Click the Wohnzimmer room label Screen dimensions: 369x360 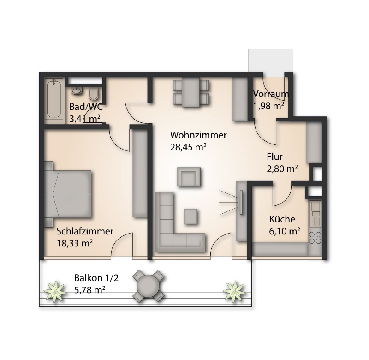coord(198,135)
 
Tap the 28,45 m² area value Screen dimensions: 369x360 coord(188,147)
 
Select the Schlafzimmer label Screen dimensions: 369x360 coord(85,231)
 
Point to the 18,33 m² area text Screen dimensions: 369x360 coord(75,243)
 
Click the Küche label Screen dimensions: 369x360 coord(282,219)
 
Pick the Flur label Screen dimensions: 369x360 coord(274,157)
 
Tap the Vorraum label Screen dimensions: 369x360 coord(271,94)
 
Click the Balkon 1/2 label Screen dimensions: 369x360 coord(96,278)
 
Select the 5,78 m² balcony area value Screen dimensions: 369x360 coord(89,290)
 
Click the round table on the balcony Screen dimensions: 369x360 coord(148,286)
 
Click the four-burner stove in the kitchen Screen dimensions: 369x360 coord(315,238)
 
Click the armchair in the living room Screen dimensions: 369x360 coord(189,177)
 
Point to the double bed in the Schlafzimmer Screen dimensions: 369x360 coord(68,194)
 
